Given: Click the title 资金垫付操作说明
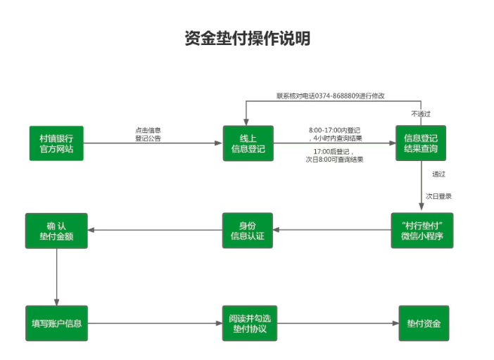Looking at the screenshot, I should [x=247, y=39].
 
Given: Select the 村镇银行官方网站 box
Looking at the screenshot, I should [x=56, y=143].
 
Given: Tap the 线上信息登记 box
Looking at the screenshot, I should [x=248, y=143].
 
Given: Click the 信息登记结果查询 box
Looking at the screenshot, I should [x=421, y=143].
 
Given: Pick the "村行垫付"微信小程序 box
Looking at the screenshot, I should [x=422, y=230].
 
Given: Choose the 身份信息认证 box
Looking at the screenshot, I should [x=248, y=230].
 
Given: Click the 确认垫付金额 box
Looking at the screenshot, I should [x=56, y=230].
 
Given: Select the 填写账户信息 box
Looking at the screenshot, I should [x=56, y=323].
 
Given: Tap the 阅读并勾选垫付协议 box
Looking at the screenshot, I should [x=248, y=323].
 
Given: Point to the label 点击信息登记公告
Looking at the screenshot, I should [x=148, y=134].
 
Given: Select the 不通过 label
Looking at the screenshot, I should [x=420, y=113].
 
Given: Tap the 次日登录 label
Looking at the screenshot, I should [x=438, y=196].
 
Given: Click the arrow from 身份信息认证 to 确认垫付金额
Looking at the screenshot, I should [x=155, y=230].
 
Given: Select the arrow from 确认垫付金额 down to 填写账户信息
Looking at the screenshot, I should [x=56, y=277].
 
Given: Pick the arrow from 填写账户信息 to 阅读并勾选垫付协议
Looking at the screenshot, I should [x=155, y=323].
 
